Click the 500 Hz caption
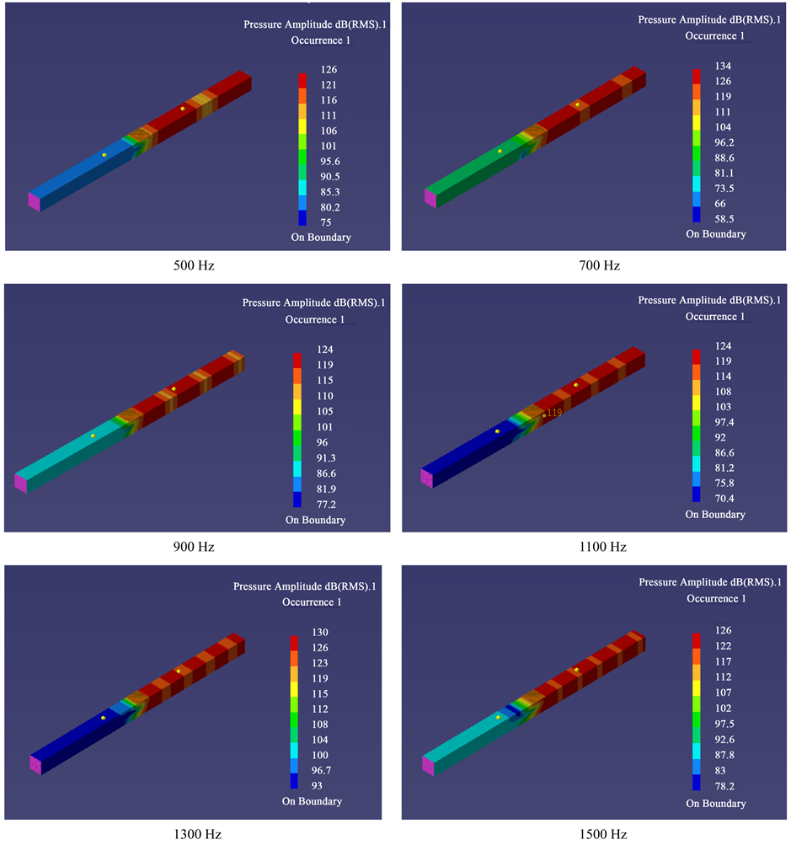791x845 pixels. (194, 265)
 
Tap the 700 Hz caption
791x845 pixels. (599, 265)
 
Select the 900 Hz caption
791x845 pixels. (194, 547)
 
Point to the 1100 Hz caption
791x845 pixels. (603, 547)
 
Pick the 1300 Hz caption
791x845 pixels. (197, 834)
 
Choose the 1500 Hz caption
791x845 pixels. (603, 834)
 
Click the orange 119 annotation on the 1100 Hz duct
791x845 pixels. (554, 413)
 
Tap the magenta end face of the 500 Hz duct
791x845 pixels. (34, 202)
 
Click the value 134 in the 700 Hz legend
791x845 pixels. (723, 66)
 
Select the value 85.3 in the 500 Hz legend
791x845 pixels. (329, 192)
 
